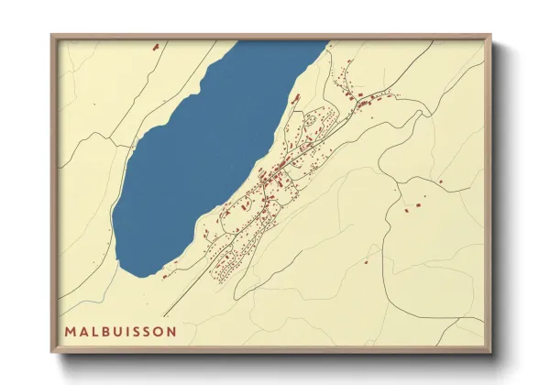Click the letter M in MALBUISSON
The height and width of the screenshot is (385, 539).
(71, 330)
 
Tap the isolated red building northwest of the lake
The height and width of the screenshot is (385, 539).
(155, 44)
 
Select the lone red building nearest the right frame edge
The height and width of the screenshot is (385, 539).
(440, 181)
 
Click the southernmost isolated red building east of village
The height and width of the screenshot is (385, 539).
(366, 261)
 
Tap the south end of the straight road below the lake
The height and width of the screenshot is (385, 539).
(166, 316)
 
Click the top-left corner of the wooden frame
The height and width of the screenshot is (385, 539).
(52, 35)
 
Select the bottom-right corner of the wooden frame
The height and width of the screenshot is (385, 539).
(491, 353)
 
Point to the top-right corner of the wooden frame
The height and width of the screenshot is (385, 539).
(491, 35)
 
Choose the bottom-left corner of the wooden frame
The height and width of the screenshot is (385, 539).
(52, 353)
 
